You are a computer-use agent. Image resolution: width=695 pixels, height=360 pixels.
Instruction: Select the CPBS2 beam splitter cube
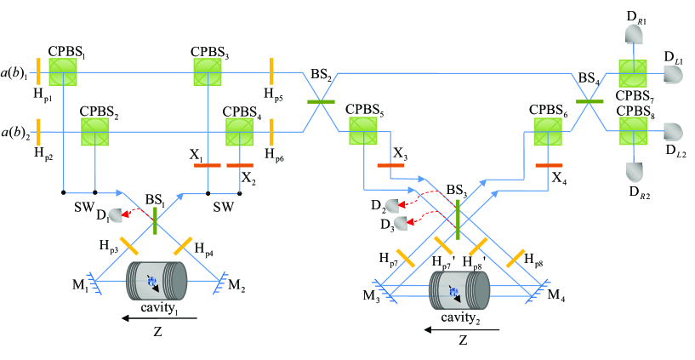(x=94, y=132)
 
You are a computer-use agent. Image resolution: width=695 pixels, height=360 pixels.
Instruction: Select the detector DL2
(x=672, y=132)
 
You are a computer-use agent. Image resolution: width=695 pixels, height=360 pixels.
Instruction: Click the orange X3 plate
(x=390, y=165)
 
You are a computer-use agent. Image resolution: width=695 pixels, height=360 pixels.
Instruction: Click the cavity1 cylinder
(x=157, y=281)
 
